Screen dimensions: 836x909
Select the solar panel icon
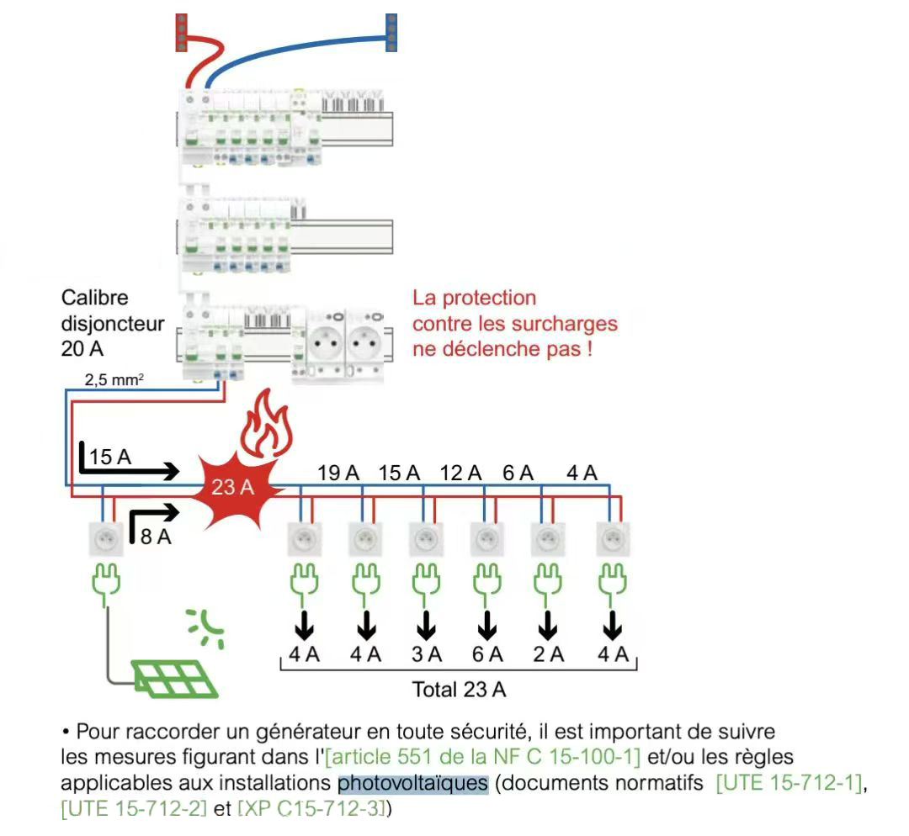173,678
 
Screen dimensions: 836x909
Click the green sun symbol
205,627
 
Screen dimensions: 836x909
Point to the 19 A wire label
338,473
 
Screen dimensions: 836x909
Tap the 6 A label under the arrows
486,653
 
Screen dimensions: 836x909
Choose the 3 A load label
426,653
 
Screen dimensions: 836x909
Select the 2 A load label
549,653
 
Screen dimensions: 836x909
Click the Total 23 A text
459,690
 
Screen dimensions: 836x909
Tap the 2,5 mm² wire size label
114,380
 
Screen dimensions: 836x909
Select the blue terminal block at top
391,32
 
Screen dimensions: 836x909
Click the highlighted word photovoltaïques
412,784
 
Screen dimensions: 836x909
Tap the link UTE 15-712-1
789,784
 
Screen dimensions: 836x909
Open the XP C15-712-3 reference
312,810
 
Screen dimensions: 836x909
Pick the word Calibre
95,298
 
